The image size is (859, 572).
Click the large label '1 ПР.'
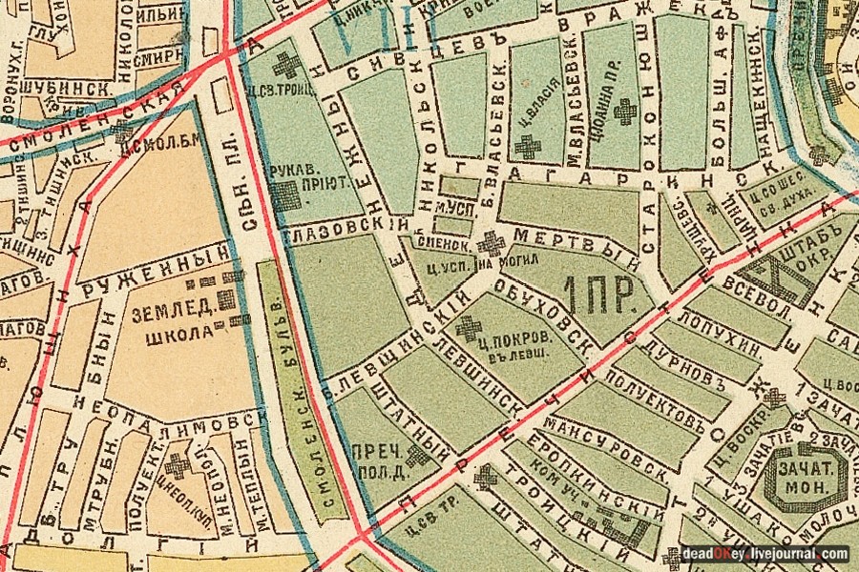point(600,296)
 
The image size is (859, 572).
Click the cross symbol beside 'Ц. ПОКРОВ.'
point(469,329)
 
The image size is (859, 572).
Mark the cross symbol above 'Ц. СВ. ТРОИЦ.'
point(285,67)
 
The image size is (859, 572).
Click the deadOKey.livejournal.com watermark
point(765,553)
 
